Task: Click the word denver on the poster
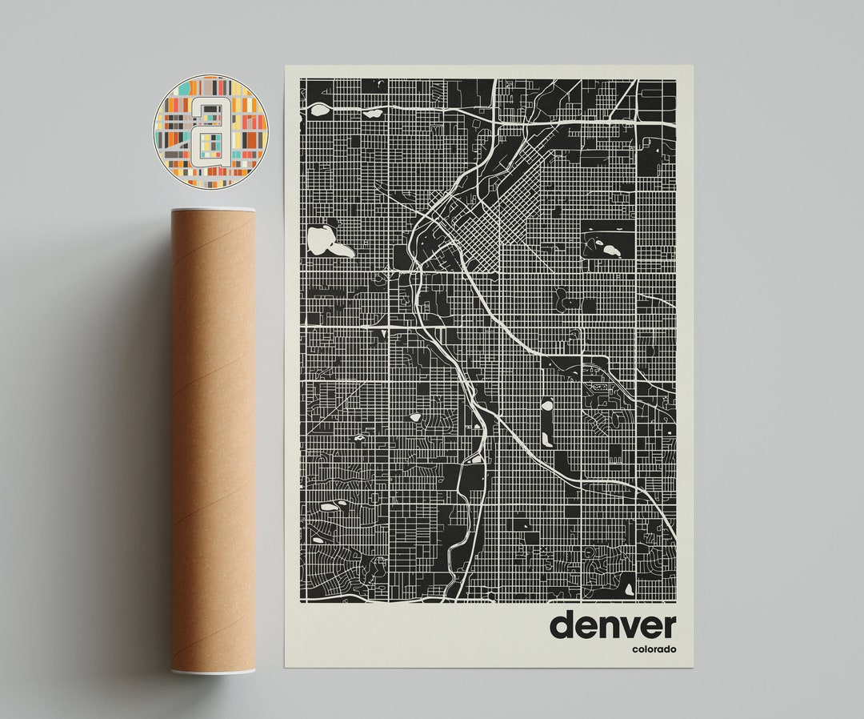612,625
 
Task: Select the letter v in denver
618,627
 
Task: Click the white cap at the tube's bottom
213,671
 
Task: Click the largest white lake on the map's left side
328,241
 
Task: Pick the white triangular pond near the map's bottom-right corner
629,588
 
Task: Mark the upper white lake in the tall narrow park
547,405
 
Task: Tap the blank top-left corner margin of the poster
292,72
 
